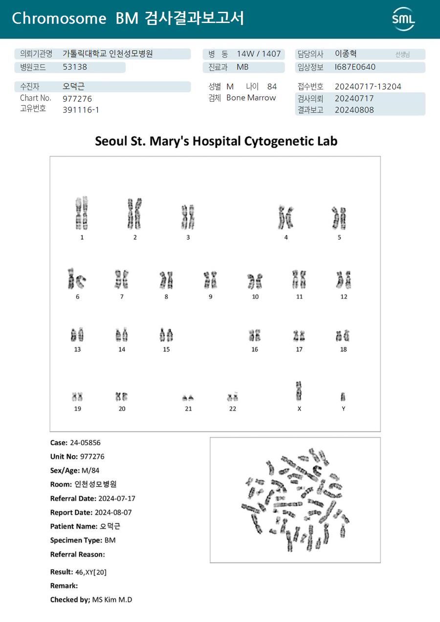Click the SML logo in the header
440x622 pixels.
click(403, 19)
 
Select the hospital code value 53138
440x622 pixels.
click(75, 68)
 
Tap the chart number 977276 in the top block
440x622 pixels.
click(77, 98)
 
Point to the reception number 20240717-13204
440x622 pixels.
click(368, 87)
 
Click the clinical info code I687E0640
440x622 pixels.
click(355, 67)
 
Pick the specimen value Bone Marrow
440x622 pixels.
click(251, 98)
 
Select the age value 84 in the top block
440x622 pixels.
click(272, 87)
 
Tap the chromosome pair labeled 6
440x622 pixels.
click(77, 278)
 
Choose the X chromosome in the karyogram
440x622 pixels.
click(299, 391)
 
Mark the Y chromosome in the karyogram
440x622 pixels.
click(343, 396)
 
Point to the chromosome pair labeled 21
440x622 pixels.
click(188, 397)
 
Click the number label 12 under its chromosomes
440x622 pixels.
click(344, 297)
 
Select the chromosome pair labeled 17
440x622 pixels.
click(299, 336)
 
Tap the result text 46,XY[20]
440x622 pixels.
click(90, 572)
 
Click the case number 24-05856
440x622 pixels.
click(85, 442)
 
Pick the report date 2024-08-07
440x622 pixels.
click(115, 512)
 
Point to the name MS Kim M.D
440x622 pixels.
click(112, 599)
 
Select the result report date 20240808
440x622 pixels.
click(354, 110)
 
